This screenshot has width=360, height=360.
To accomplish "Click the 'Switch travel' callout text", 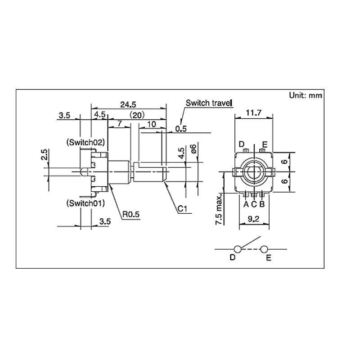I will pos(209,103).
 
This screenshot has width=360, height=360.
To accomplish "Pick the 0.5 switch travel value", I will pos(181,129).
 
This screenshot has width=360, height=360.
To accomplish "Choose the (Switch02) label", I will pos(85,142).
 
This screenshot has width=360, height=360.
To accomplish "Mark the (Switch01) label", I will pos(85,203).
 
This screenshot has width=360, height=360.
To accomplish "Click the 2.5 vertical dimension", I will pos(44,155).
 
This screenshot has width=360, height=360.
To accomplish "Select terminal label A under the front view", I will pos(246,204).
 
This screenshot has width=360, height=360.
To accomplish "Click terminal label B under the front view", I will pos(262,204).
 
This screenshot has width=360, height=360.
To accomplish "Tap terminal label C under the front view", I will pos(254,204).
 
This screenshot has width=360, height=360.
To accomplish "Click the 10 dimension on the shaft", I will pos(151,123).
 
